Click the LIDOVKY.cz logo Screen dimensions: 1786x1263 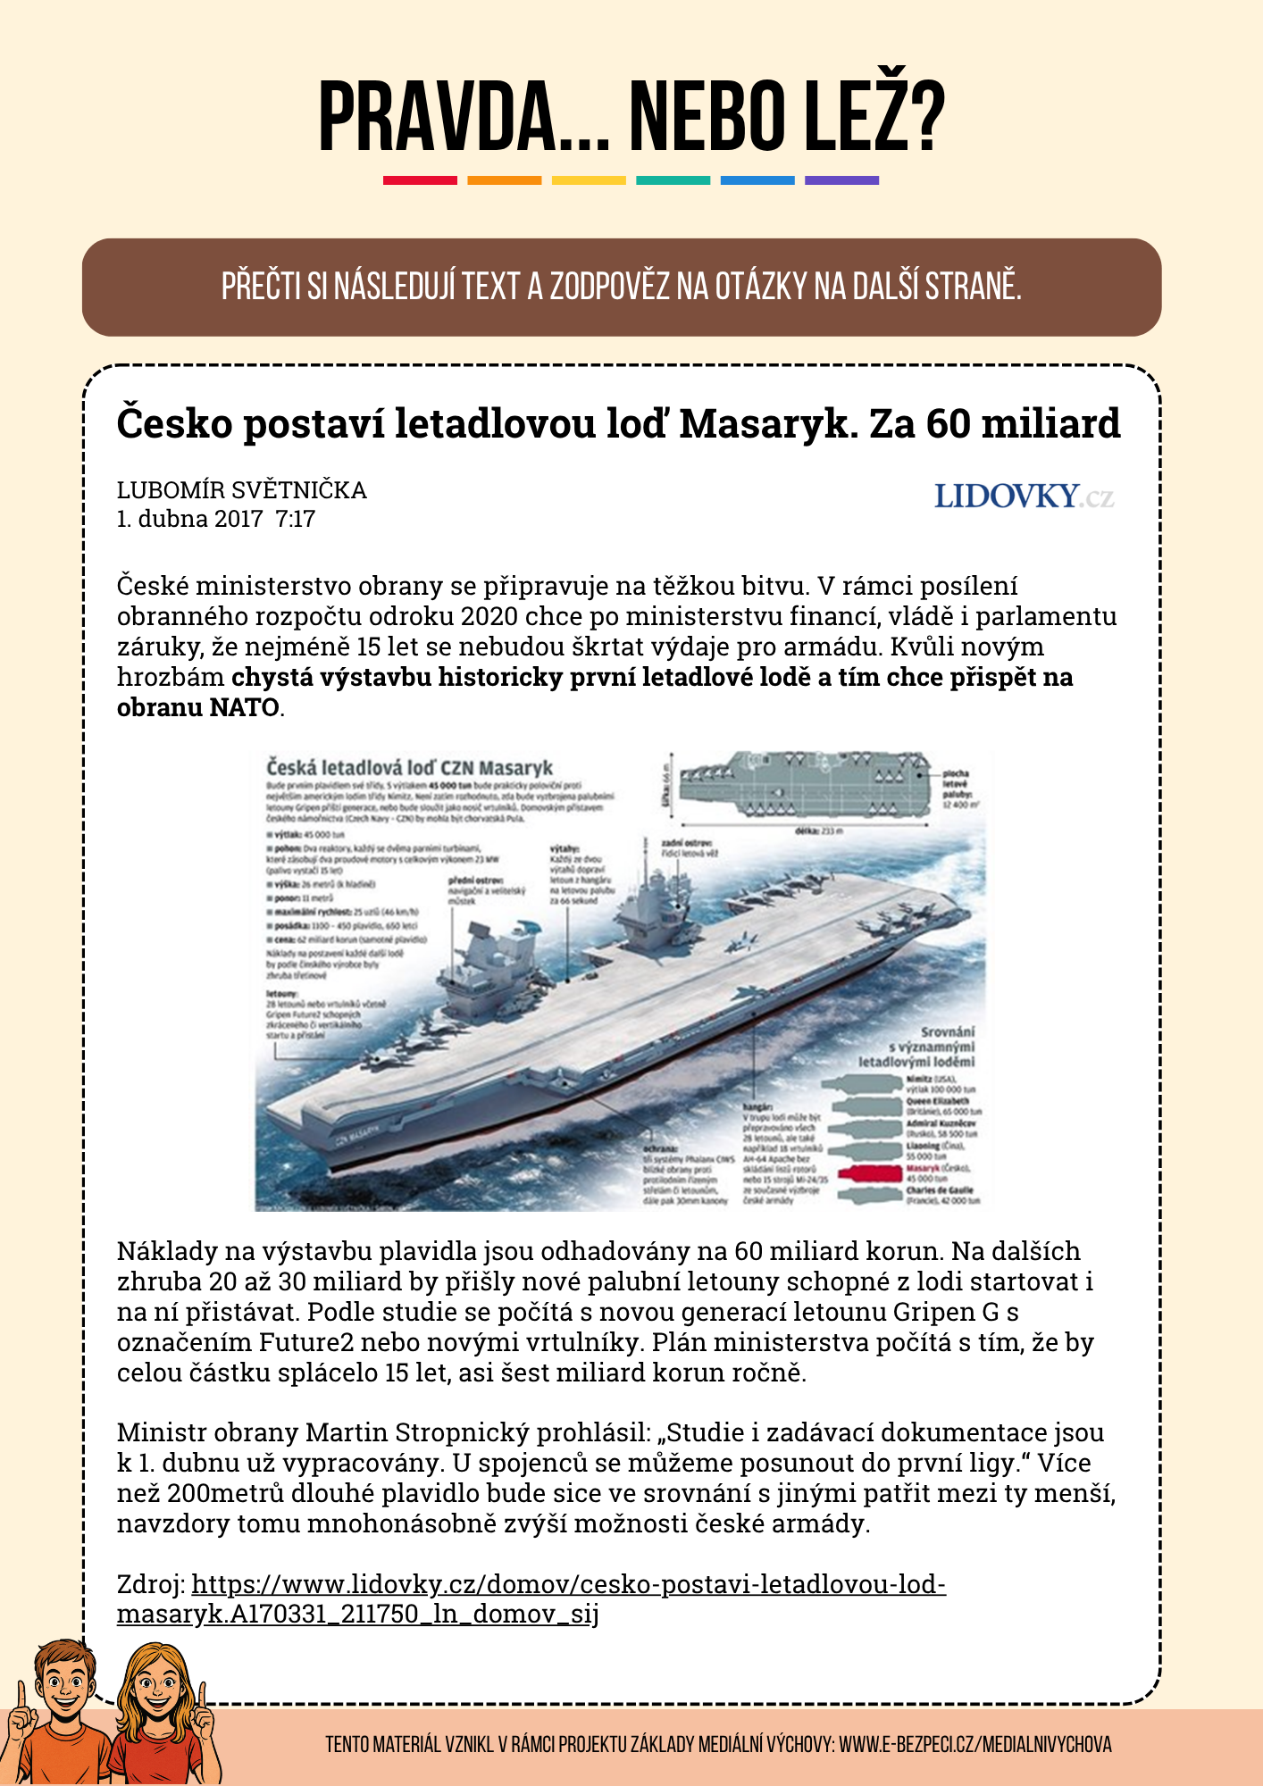coord(1024,496)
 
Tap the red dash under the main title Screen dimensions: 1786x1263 coord(420,180)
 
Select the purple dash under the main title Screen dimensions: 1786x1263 coord(841,180)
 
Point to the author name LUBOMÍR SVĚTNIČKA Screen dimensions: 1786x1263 coord(241,489)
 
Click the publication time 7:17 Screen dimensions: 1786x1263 coord(296,519)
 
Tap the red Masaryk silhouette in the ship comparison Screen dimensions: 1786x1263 coord(866,1173)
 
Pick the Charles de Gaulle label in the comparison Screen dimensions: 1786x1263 coord(940,1190)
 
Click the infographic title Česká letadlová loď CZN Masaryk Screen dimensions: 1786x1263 coord(409,768)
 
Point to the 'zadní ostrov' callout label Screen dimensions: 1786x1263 coord(686,842)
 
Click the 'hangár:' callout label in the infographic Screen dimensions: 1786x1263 coord(757,1107)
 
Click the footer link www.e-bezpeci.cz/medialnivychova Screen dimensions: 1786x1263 coord(974,1744)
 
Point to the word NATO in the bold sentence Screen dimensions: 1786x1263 coord(245,707)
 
